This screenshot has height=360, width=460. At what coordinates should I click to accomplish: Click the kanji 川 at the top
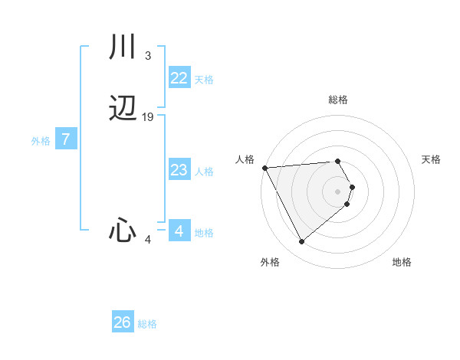pos(123,47)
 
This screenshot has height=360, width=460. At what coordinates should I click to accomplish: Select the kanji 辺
pos(123,110)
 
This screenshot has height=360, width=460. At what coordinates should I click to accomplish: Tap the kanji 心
pos(123,230)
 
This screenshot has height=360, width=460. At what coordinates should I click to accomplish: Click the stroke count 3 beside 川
pos(147,55)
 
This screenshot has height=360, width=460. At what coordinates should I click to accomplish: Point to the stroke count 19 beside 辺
pos(148,117)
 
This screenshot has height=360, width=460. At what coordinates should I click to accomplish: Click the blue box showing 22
pos(179,77)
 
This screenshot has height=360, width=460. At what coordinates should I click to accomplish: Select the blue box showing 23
pos(179,170)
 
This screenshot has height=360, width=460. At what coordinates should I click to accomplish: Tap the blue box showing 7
pos(66,139)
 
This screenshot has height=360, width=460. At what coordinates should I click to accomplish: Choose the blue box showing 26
pos(122,322)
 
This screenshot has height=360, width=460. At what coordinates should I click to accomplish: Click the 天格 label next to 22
pos(204,79)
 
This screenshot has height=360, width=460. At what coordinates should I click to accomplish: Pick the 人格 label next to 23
pos(204,172)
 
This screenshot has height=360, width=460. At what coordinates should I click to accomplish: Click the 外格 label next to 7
pos(41,141)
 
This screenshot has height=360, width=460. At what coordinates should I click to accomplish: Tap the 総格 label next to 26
pos(147,324)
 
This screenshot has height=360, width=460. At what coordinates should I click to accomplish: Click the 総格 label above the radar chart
pos(338,100)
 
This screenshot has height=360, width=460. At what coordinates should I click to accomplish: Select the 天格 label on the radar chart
pos(432,159)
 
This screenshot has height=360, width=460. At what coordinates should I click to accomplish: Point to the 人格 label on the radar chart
pos(245,159)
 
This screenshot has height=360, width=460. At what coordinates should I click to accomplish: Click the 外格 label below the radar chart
pos(270,262)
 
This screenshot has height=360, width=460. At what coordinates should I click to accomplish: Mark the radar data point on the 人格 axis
pos(264,168)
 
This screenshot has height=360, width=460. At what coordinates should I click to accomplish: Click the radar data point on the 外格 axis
pos(301,242)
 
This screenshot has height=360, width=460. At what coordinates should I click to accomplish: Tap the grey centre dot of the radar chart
pos(338,191)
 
